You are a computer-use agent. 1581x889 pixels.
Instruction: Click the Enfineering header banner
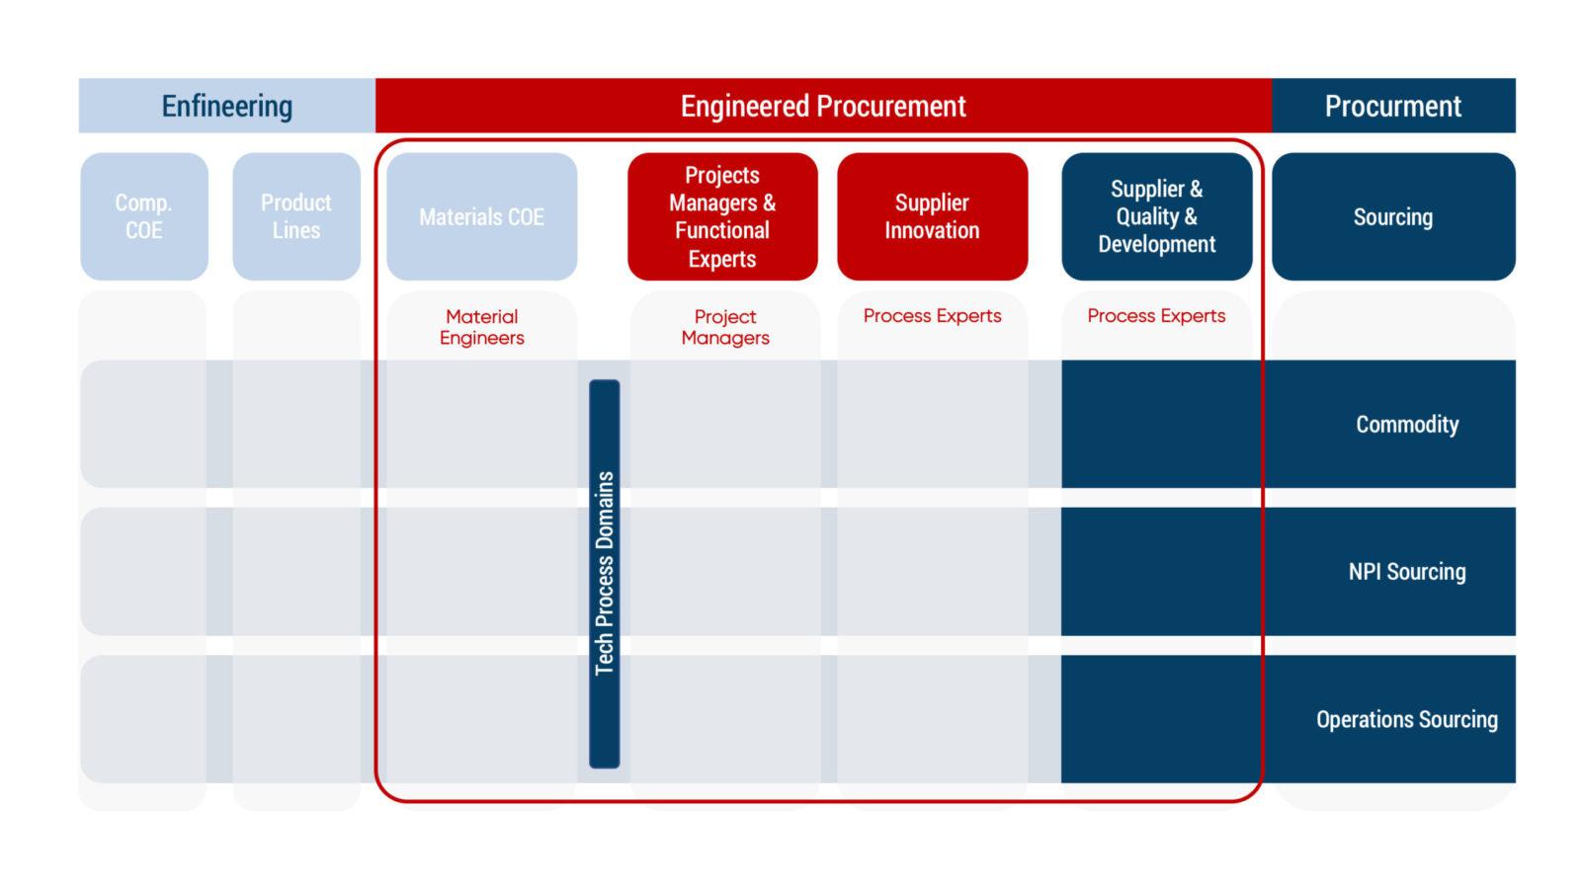pyautogui.click(x=226, y=105)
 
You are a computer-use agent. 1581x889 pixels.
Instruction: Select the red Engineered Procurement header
pyautogui.click(x=823, y=105)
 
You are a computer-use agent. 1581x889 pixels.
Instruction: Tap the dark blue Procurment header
pyautogui.click(x=1393, y=105)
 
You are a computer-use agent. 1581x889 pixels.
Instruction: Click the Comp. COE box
pyautogui.click(x=144, y=216)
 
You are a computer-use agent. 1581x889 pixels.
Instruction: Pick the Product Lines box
pyautogui.click(x=296, y=216)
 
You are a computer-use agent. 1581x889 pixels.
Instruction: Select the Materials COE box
pyautogui.click(x=482, y=216)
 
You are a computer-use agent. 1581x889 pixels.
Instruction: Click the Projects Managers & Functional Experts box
pyautogui.click(x=722, y=216)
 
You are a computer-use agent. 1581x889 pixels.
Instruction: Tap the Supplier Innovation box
pyautogui.click(x=933, y=216)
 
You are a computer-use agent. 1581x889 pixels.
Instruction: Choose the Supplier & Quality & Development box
pyautogui.click(x=1157, y=216)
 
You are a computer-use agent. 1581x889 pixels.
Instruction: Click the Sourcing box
pyautogui.click(x=1393, y=216)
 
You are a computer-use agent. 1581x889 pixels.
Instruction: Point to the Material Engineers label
pyautogui.click(x=482, y=327)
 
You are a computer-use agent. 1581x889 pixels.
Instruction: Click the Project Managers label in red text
pyautogui.click(x=725, y=327)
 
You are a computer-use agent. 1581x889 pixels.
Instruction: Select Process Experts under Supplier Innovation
pyautogui.click(x=933, y=316)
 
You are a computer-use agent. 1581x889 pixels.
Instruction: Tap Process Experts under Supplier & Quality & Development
pyautogui.click(x=1156, y=316)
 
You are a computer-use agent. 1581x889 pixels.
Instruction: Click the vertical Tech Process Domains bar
pyautogui.click(x=605, y=574)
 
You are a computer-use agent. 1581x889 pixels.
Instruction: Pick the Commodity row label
pyautogui.click(x=1407, y=424)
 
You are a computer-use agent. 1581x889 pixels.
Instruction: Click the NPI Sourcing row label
pyautogui.click(x=1407, y=572)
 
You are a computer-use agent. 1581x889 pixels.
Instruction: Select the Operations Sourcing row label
pyautogui.click(x=1407, y=719)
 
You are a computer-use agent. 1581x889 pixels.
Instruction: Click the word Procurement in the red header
pyautogui.click(x=890, y=106)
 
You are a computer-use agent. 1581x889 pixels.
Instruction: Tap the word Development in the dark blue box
pyautogui.click(x=1157, y=244)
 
